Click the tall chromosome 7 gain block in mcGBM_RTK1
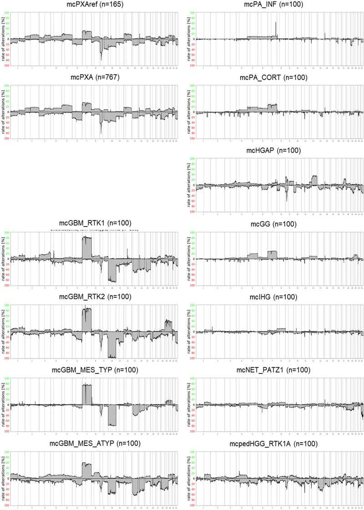coord(86,248)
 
